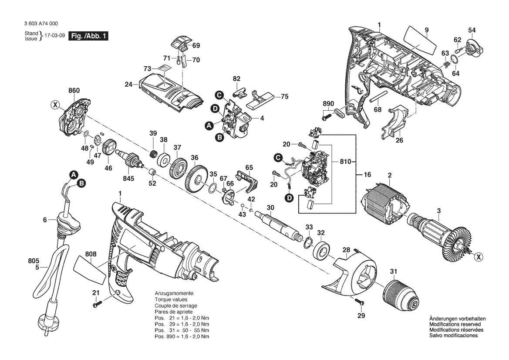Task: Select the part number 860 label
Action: point(74,91)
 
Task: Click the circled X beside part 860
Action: point(55,105)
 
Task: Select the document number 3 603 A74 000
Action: point(41,24)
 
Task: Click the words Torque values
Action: point(171,299)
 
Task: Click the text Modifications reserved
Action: point(455,324)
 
